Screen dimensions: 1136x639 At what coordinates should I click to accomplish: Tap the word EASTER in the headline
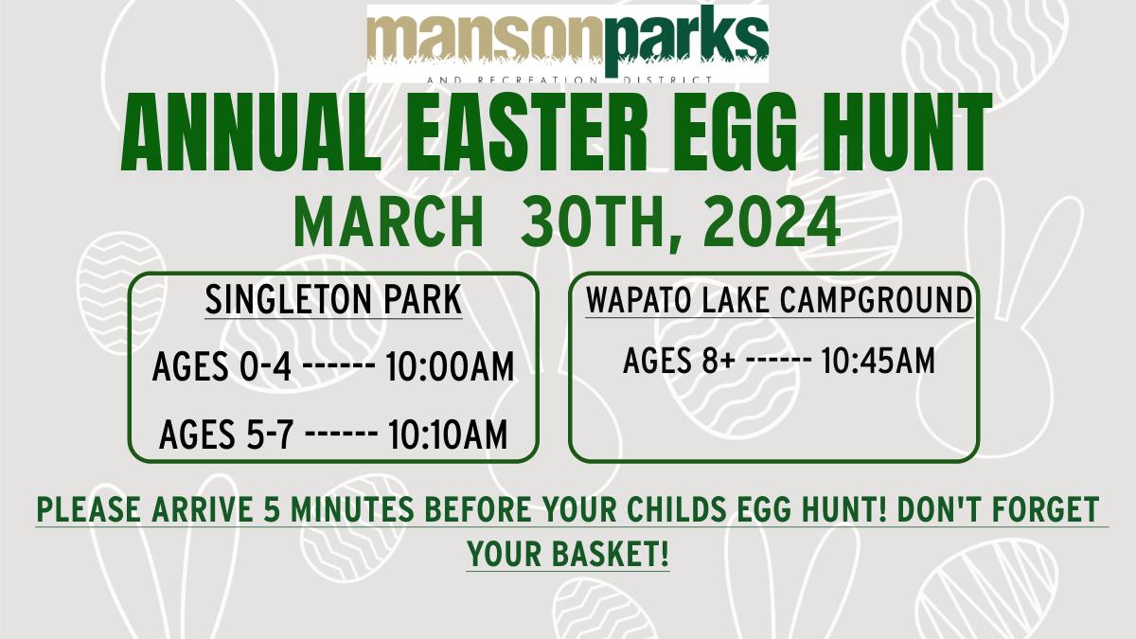527,133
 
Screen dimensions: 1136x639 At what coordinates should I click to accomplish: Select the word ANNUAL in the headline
251,133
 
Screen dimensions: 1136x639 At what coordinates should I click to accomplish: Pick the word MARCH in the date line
387,222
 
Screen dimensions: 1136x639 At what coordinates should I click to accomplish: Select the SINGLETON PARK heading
333,300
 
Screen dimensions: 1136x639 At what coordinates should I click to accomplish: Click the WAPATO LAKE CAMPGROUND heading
779,300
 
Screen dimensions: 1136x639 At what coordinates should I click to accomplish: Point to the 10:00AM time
450,365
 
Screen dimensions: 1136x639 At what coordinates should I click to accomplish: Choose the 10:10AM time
448,435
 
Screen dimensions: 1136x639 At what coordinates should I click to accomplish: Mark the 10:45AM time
878,361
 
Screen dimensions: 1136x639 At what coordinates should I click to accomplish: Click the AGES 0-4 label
222,365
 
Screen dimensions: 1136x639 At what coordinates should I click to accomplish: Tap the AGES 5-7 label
225,435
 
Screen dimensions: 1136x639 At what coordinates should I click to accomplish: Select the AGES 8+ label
679,361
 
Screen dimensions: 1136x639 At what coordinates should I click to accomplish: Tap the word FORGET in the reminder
1038,509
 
